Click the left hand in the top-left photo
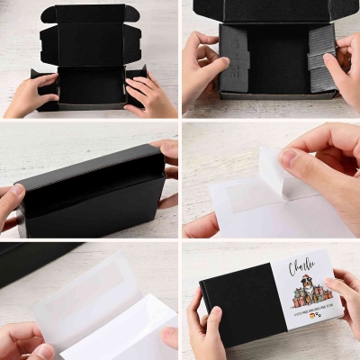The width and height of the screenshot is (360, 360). coord(31,95)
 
